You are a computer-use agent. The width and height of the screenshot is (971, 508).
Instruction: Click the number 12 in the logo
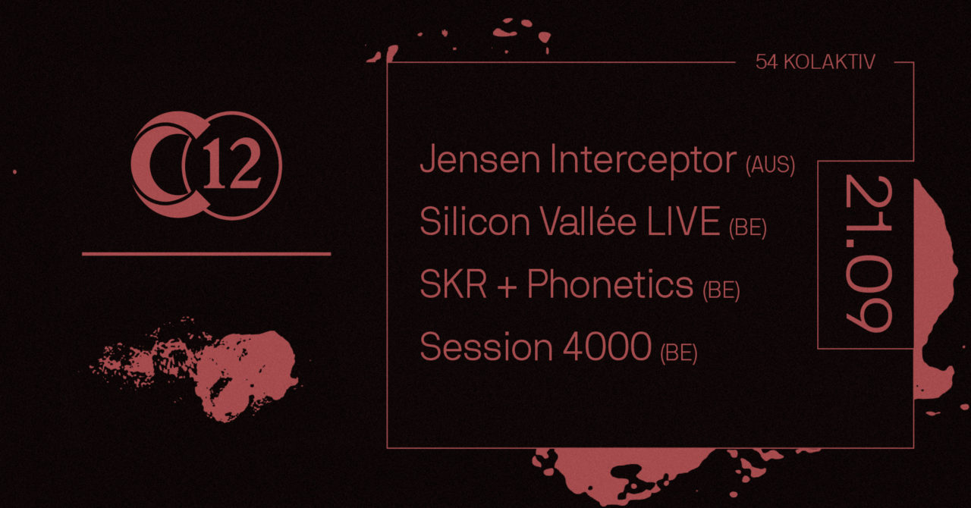coord(232,166)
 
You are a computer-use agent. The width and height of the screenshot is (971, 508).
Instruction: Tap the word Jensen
coord(480,159)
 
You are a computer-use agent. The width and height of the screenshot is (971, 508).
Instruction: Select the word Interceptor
coord(643,161)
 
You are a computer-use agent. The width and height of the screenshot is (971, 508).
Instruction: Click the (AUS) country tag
coord(770,165)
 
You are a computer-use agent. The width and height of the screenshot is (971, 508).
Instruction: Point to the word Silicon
coord(475,221)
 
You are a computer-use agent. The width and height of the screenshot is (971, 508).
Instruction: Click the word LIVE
coord(683,221)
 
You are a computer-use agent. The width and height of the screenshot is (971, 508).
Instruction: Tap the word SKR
coord(454,284)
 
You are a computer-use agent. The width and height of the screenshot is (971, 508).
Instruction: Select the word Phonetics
coord(610,284)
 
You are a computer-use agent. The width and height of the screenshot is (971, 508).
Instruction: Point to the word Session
coord(486,347)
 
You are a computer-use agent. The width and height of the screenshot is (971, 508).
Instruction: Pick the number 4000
coord(607,347)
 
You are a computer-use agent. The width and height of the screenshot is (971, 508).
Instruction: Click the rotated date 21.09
coord(869,254)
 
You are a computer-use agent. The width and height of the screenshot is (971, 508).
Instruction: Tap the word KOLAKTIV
coord(829,62)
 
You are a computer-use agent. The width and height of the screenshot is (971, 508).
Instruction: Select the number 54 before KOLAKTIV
coord(767,62)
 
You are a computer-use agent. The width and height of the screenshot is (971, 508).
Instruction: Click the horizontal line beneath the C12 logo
coord(206,254)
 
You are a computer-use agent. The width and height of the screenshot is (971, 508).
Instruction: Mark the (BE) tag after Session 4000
coord(678,353)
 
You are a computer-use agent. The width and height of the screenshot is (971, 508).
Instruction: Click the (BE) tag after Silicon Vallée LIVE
coord(748,227)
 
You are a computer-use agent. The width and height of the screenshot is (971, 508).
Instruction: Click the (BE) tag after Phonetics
coord(721,290)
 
